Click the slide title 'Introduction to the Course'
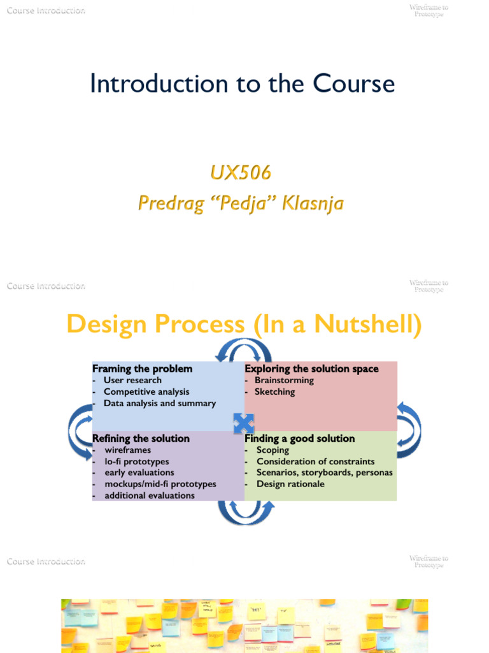(x=242, y=84)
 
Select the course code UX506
(x=241, y=172)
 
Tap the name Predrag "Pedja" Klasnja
(x=241, y=203)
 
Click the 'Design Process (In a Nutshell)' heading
(x=244, y=325)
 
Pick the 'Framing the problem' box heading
(x=142, y=369)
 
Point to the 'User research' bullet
(x=132, y=380)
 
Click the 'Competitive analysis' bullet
(x=146, y=392)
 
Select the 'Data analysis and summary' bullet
(x=160, y=403)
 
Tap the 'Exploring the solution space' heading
(x=311, y=369)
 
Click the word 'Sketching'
(x=275, y=392)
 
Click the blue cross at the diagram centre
(x=244, y=423)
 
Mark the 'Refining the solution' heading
(x=141, y=439)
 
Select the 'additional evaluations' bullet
(x=150, y=495)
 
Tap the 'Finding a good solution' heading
(x=299, y=439)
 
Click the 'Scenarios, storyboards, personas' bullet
(x=324, y=473)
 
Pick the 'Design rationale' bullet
(x=290, y=484)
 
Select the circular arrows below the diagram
(x=245, y=512)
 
